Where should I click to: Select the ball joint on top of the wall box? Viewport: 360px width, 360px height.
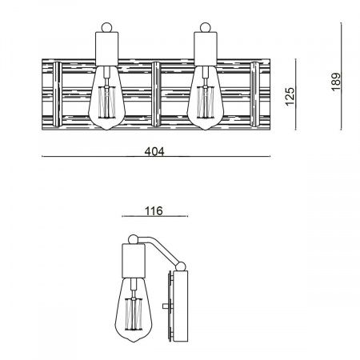coord(181,266)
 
